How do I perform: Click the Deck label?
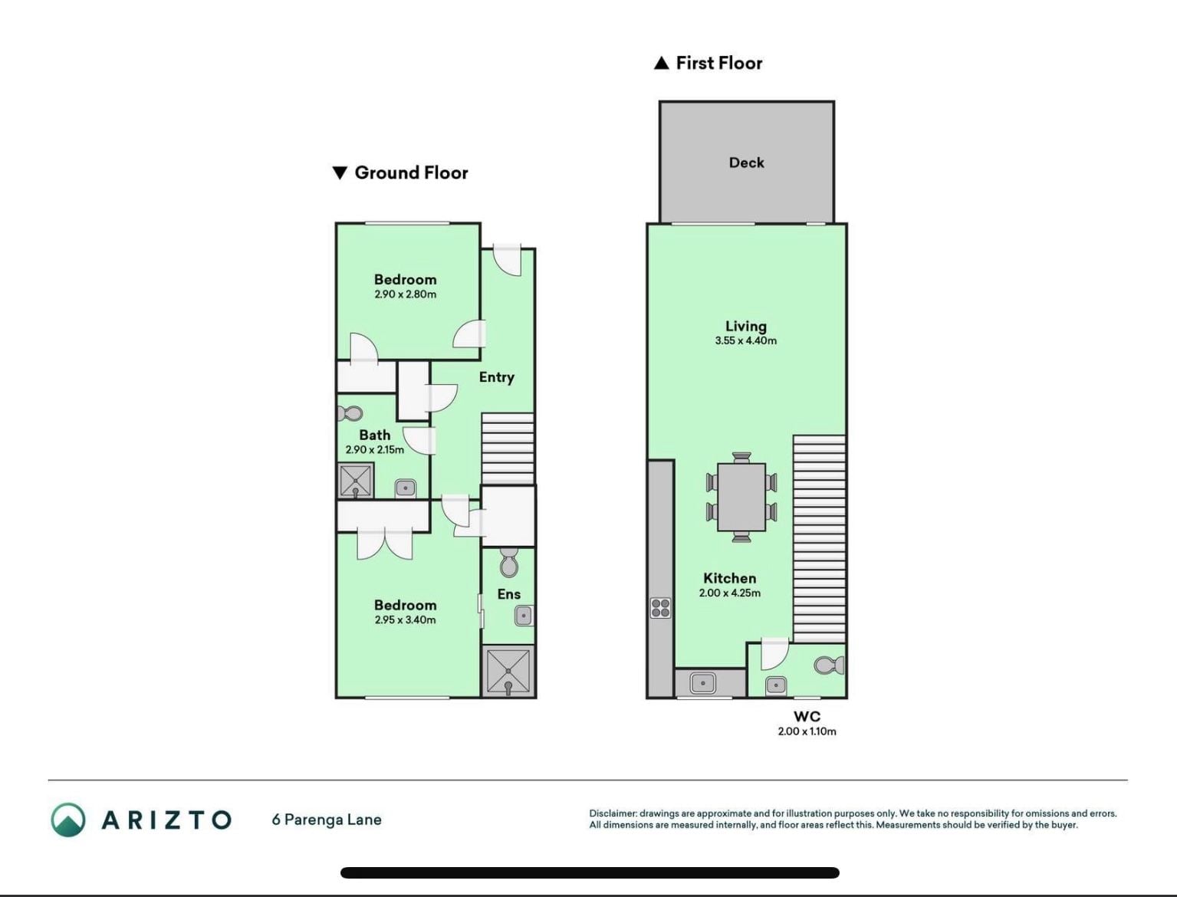tap(746, 163)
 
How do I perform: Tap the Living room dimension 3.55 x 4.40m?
tap(745, 340)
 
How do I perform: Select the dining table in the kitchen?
tap(741, 497)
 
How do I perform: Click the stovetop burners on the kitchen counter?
tap(660, 608)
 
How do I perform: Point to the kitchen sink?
tap(702, 683)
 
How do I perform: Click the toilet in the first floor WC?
tap(828, 665)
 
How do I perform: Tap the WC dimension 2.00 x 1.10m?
tap(807, 731)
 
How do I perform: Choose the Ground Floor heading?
tap(400, 172)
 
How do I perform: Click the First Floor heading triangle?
tap(662, 64)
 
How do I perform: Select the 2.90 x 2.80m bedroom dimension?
tap(406, 294)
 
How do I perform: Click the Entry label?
tap(497, 377)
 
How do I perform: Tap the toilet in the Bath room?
tap(350, 413)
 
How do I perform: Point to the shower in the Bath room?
tap(356, 480)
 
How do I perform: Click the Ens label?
tap(509, 594)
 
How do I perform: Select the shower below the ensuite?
tap(508, 671)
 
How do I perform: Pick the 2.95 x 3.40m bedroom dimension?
tap(406, 619)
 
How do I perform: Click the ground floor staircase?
tap(508, 449)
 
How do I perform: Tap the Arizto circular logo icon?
tap(68, 820)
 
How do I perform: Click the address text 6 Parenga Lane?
tap(327, 820)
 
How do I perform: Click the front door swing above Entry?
tap(507, 261)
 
